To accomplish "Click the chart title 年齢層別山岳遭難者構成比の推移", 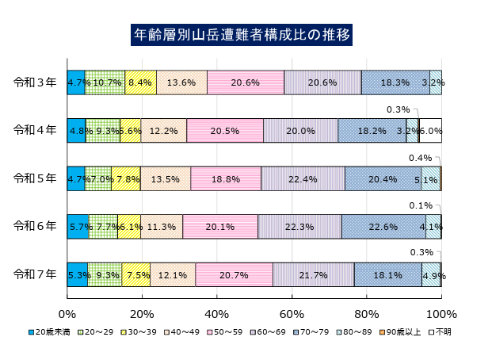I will pos(242,36).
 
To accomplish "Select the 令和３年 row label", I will pos(35,82).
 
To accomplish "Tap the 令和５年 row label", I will pos(35,178).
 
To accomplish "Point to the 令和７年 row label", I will pos(35,274).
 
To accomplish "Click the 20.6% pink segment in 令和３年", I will pos(246,82).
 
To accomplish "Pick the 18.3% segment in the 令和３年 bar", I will pos(395,82).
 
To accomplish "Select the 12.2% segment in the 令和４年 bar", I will pos(164,131).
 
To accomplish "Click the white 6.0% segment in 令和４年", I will pos(431,131).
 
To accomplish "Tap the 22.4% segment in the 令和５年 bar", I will pos(303,179).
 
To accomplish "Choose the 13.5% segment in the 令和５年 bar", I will pos(165,179).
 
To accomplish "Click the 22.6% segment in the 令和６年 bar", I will pos(383,227).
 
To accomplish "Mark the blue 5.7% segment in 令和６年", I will pos(78,227).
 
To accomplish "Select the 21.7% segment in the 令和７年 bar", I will pos(314,275).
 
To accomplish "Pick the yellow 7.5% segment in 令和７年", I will pos(136,275).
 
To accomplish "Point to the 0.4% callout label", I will pos(420,158).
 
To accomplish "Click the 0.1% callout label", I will pos(421,205).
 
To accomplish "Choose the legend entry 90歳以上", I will pos(405,331).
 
